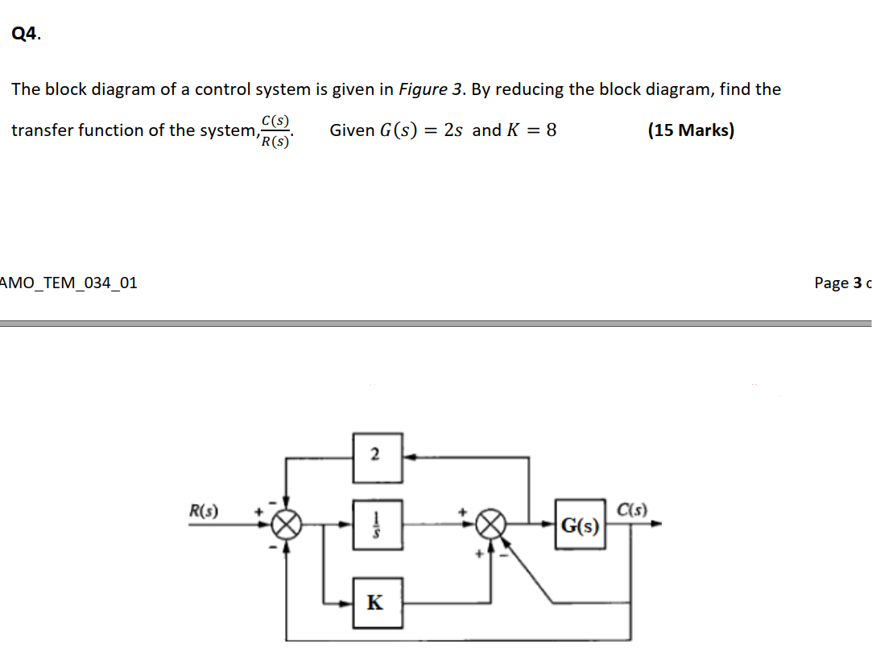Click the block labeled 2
tap(376, 456)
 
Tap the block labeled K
tap(376, 601)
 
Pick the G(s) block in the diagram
tap(580, 526)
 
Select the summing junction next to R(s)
tap(287, 526)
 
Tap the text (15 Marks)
tap(691, 130)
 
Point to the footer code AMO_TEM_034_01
tap(69, 283)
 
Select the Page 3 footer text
tap(842, 283)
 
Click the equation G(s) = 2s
tap(419, 130)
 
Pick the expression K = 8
tap(531, 130)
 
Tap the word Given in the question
tap(352, 130)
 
